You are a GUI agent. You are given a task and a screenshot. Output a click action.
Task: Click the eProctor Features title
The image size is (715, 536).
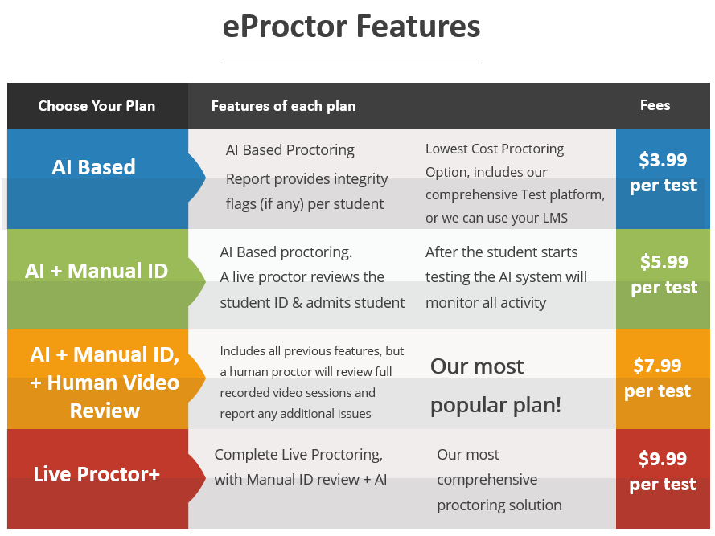351,26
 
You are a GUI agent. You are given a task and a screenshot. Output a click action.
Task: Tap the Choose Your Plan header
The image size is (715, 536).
97,106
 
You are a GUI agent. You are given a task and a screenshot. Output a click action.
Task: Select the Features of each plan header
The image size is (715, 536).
283,106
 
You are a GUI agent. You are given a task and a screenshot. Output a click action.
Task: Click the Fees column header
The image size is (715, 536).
655,105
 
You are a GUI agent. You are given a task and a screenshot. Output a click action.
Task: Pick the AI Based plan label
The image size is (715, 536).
93,167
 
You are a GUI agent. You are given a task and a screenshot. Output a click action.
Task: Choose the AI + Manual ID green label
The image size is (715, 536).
97,271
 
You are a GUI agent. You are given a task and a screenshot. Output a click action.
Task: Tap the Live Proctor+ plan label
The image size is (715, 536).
97,474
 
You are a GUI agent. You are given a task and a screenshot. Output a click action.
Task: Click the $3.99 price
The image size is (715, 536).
663,160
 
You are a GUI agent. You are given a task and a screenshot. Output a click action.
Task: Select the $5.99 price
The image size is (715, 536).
664,262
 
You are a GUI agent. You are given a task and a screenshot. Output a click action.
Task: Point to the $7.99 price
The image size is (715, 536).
657,366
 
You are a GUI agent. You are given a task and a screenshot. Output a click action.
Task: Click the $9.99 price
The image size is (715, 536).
663,459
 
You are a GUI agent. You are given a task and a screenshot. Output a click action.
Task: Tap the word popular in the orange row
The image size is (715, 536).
464,406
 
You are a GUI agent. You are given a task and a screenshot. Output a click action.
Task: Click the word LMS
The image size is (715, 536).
555,218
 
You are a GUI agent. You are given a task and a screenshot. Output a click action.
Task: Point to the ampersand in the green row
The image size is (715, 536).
297,303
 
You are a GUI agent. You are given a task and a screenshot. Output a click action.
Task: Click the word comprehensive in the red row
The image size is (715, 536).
487,480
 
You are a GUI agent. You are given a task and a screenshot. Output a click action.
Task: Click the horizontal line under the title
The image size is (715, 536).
351,63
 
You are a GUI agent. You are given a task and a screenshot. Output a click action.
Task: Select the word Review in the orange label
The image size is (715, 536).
105,411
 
